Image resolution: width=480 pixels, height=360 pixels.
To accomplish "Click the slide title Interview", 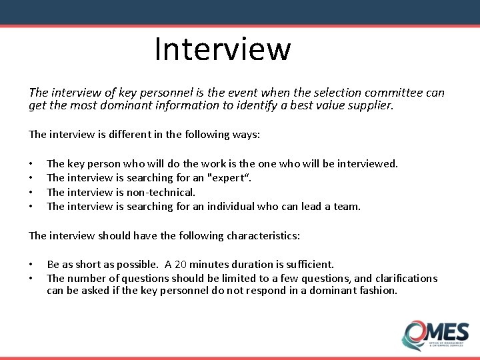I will (x=223, y=49).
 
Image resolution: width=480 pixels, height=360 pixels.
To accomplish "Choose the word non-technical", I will (x=161, y=192).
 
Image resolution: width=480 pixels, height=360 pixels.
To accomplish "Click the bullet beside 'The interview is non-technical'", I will (x=31, y=193).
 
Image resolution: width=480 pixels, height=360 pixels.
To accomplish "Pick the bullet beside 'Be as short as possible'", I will (x=31, y=265).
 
